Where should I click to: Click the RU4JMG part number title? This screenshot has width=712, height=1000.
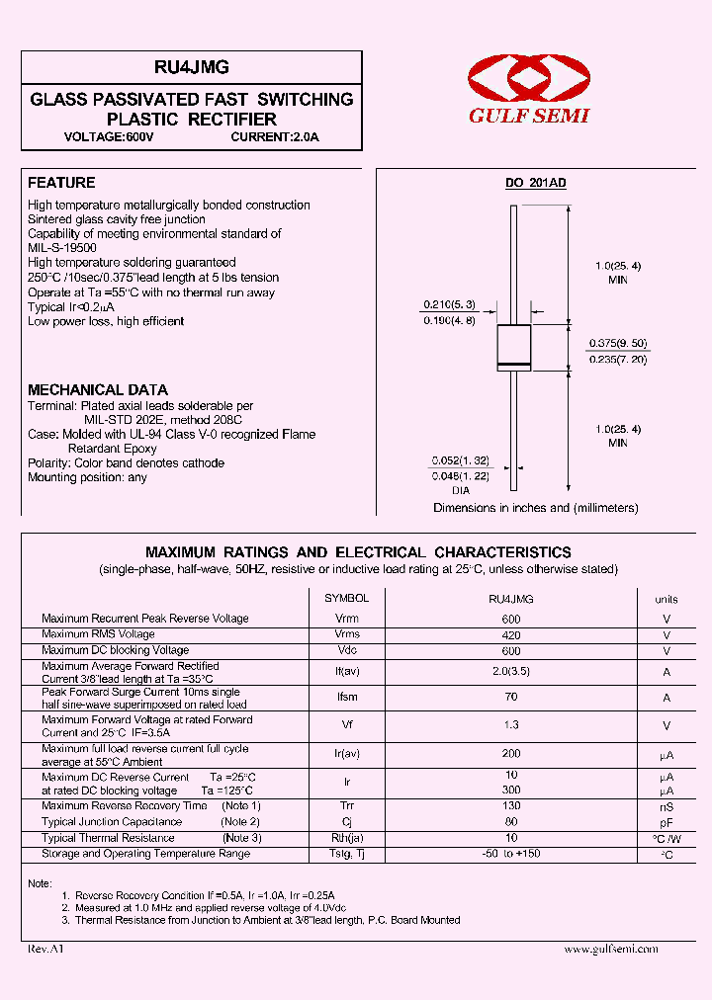(192, 67)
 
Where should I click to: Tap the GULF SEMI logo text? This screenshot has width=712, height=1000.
(528, 116)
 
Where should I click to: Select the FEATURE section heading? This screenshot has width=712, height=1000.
(61, 183)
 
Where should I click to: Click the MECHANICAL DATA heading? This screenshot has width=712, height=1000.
(98, 389)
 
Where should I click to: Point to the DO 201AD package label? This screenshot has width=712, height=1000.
(536, 184)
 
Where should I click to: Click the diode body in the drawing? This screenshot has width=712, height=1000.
(513, 348)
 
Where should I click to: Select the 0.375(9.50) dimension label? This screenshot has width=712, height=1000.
(618, 343)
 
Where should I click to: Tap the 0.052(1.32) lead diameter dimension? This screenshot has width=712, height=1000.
(460, 460)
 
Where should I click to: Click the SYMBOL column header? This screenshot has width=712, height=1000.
(347, 598)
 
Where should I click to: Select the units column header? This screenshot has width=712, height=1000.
(667, 599)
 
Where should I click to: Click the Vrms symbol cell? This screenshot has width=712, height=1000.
(347, 634)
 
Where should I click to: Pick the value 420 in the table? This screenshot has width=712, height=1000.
(511, 634)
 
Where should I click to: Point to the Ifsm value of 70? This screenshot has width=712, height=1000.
(511, 698)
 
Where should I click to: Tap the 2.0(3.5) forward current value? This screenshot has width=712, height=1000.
(511, 671)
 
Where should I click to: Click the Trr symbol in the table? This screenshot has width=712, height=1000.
(347, 806)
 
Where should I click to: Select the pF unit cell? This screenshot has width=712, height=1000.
(667, 822)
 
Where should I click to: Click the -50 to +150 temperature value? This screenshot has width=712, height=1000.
(511, 854)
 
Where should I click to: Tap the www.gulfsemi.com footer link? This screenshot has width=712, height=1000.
(610, 949)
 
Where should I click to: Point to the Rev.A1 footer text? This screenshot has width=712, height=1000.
(45, 949)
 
